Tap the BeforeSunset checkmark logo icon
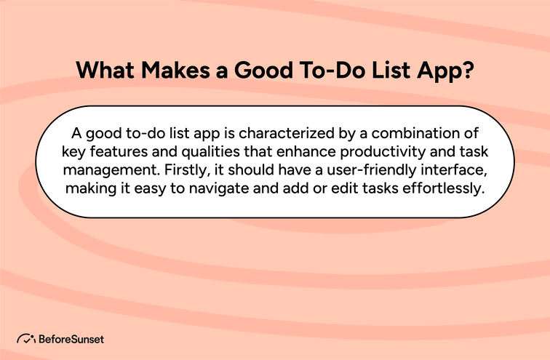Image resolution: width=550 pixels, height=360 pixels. [x=26, y=338]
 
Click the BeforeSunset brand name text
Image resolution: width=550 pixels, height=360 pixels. [x=71, y=338]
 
